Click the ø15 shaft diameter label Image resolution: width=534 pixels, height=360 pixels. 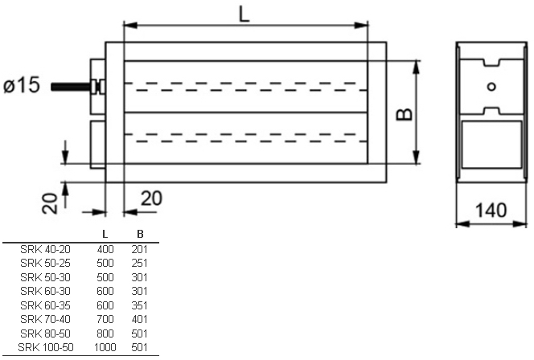(x=22, y=85)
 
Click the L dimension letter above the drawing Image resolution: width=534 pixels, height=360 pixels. (x=244, y=14)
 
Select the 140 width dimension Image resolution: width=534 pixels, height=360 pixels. (x=491, y=210)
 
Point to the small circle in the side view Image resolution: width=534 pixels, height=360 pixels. (x=491, y=87)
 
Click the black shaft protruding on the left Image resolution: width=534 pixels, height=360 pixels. (x=71, y=87)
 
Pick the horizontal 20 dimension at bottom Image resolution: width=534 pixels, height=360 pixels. (x=151, y=198)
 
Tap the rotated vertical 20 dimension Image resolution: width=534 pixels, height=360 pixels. (x=50, y=203)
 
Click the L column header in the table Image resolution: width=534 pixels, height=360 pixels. (x=105, y=234)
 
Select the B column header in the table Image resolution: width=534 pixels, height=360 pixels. (x=140, y=234)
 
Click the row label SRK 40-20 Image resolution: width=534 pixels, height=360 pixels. (x=45, y=249)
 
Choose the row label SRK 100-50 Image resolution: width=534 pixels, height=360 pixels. (x=46, y=347)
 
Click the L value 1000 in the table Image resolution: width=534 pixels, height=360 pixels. (x=105, y=347)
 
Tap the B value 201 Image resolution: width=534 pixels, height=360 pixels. (x=140, y=249)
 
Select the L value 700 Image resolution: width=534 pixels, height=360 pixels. (x=105, y=319)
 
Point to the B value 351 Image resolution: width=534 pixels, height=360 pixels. (x=140, y=305)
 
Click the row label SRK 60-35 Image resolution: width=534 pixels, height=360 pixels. (x=45, y=305)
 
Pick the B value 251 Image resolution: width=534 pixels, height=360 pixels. (x=140, y=263)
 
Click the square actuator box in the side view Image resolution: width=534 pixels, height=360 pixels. (x=491, y=145)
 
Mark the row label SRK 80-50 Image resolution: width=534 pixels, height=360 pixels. (x=45, y=333)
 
